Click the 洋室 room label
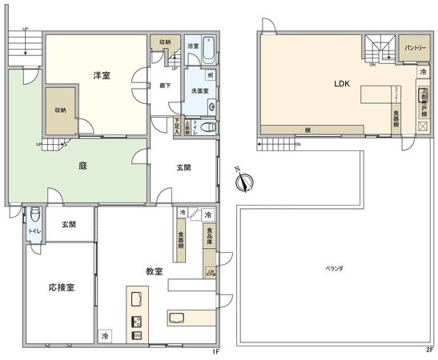click(101, 75)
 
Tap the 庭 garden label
click(82, 166)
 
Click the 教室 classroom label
click(155, 271)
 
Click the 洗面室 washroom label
click(199, 91)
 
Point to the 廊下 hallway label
click(165, 86)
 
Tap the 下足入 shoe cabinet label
click(177, 125)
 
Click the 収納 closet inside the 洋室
click(61, 110)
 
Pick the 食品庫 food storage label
click(209, 239)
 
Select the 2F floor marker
click(430, 350)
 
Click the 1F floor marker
click(215, 350)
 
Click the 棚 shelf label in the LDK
click(307, 130)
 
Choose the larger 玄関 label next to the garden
click(183, 167)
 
